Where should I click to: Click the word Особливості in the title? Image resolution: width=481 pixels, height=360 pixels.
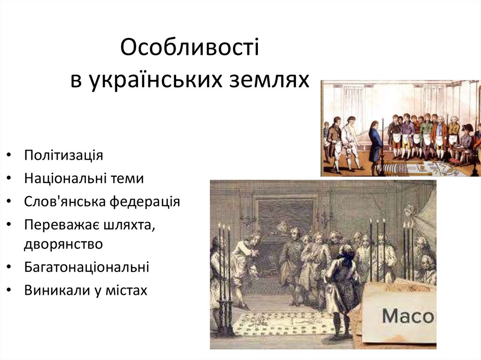pos(189,48)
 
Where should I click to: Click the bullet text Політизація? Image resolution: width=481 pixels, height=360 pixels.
pos(63,155)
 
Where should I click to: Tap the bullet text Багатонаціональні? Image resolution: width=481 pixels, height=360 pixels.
pos(86,267)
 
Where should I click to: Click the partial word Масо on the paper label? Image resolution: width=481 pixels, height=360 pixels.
pos(408,316)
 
